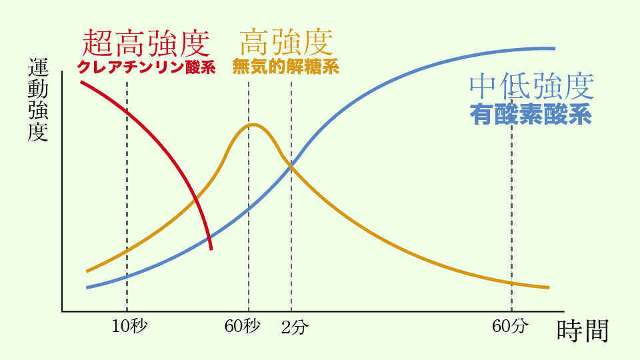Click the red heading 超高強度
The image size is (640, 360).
tap(146, 43)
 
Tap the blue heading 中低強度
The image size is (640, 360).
tap(531, 85)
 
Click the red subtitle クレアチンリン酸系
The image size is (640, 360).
tap(146, 67)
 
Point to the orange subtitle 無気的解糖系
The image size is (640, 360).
tap(285, 67)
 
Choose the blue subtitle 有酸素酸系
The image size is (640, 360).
tap(531, 115)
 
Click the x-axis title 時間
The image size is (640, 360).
tap(582, 331)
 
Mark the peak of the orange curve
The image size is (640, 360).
tap(253, 124)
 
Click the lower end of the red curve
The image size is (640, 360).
tap(211, 249)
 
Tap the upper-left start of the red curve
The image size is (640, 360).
tap(81, 81)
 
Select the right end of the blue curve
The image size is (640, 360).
tap(555, 48)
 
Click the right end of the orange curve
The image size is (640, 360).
tap(549, 287)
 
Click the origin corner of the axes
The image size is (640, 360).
tap(62, 311)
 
